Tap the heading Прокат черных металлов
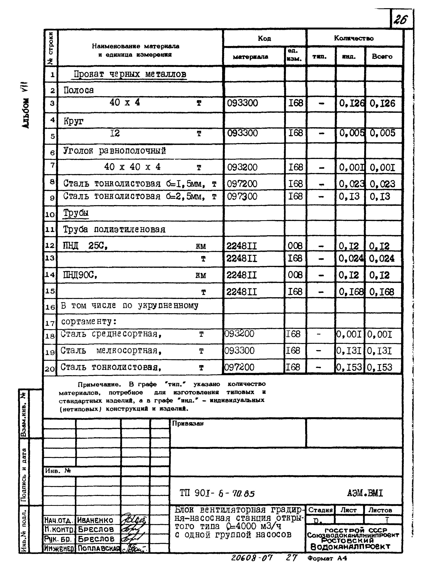coord(130,74)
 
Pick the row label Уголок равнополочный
coord(114,151)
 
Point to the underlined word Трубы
coord(76,213)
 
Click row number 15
coord(50,291)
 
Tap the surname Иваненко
coord(95,520)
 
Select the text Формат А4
coord(327,559)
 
